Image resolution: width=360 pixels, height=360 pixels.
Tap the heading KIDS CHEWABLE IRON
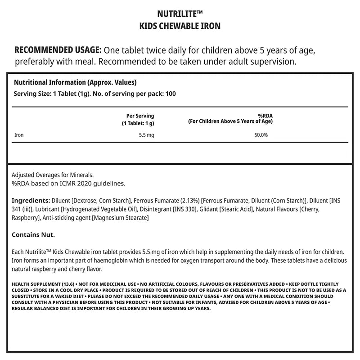pyautogui.click(x=180, y=26)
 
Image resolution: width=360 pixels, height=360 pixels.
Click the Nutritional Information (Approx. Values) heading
pyautogui.click(x=75, y=83)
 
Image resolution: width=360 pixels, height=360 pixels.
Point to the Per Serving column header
pyautogui.click(x=140, y=116)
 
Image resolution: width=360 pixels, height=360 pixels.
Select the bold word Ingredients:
pyautogui.click(x=31, y=200)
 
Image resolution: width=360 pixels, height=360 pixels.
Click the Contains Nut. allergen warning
pyautogui.click(x=33, y=235)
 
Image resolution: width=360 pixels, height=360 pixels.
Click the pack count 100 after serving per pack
pyautogui.click(x=171, y=94)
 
